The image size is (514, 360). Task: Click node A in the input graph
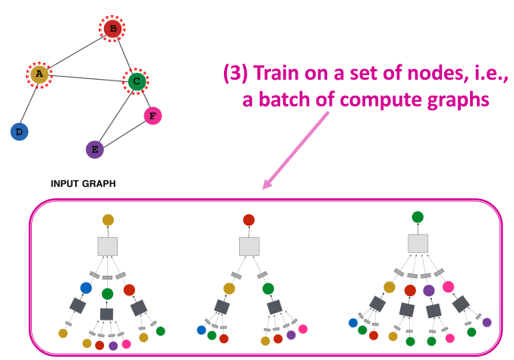37,74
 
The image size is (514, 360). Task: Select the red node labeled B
112,30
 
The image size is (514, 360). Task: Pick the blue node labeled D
19,131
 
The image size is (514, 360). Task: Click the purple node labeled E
94,149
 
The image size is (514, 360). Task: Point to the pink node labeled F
153,115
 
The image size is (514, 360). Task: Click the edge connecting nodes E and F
123,132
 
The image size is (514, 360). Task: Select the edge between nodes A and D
28,103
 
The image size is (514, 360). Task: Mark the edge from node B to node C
125,55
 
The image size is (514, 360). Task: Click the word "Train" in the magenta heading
277,74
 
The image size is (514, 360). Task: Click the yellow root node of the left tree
108,219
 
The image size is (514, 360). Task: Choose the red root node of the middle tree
248,219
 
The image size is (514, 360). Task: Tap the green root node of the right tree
418,217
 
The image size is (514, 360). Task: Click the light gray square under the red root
248,246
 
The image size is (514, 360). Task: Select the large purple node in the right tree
428,289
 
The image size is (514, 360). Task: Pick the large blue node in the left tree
86,288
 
